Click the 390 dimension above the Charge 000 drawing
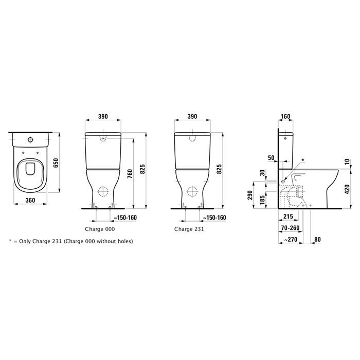tap(103, 117)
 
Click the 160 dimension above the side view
tap(285, 117)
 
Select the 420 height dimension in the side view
tap(348, 189)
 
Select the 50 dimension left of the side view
tap(271, 158)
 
